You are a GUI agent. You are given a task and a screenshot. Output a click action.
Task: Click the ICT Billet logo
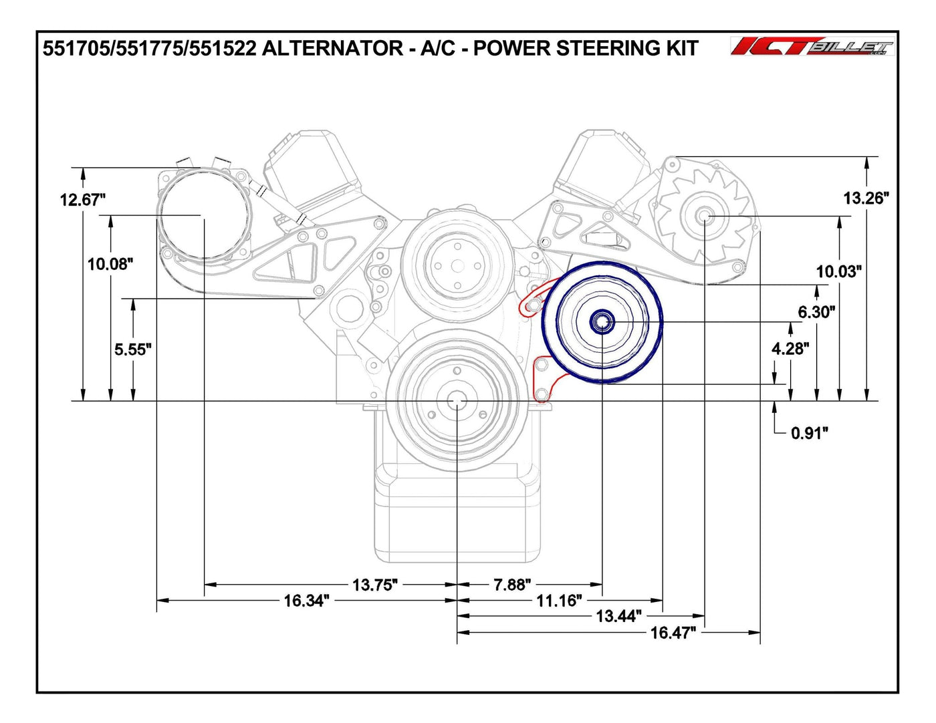[812, 46]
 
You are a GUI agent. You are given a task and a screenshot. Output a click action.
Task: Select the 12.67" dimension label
[83, 199]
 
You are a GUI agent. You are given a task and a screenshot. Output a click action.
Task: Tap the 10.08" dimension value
[110, 264]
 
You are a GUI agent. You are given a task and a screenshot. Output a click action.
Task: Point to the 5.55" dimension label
[133, 349]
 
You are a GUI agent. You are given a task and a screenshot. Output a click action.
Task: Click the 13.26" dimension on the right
[866, 198]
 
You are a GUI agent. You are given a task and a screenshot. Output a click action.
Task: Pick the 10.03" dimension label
[838, 271]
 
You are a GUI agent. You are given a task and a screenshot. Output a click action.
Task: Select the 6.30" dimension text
[816, 311]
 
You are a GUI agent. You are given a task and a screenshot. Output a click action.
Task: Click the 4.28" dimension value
[790, 348]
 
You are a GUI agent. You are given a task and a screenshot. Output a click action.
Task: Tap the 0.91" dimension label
[809, 433]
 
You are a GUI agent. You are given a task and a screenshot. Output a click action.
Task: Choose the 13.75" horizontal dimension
[374, 585]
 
